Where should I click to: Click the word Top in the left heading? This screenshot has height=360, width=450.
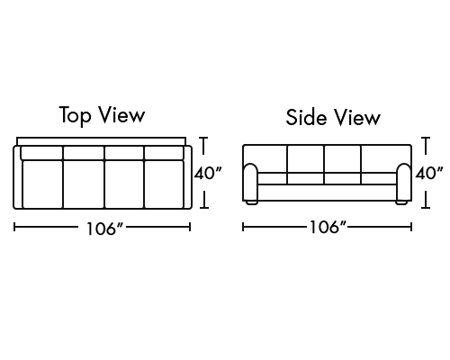coord(75,115)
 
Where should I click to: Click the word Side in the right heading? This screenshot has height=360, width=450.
coord(306,117)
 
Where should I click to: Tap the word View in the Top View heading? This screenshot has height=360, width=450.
coord(122,115)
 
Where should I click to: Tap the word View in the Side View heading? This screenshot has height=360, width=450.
coord(357,117)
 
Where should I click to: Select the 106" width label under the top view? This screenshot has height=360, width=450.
coord(105,229)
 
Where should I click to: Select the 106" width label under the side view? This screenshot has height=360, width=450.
coord(328,227)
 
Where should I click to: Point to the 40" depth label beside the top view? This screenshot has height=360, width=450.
coord(208,174)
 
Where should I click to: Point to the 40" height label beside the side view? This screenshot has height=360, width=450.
coord(429,173)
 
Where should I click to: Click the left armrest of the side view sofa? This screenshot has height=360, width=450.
coord(250,182)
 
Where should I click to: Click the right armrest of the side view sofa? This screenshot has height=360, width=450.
coord(404,182)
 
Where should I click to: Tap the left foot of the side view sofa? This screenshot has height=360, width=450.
coord(252,202)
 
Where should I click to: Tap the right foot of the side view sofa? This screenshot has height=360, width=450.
coord(401,202)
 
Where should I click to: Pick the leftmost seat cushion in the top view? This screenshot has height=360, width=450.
coord(42,184)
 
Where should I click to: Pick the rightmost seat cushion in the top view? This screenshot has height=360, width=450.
coord(164,184)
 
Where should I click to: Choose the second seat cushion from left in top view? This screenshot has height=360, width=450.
coord(84,184)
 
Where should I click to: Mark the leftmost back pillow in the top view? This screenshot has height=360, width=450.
coord(41,153)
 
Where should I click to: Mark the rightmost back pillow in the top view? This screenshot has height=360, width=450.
coord(164,153)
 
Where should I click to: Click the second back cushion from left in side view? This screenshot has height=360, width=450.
coord(305,159)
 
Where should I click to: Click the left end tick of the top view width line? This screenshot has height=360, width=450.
coord(14,227)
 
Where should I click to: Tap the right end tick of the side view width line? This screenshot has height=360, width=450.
coord(411,227)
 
